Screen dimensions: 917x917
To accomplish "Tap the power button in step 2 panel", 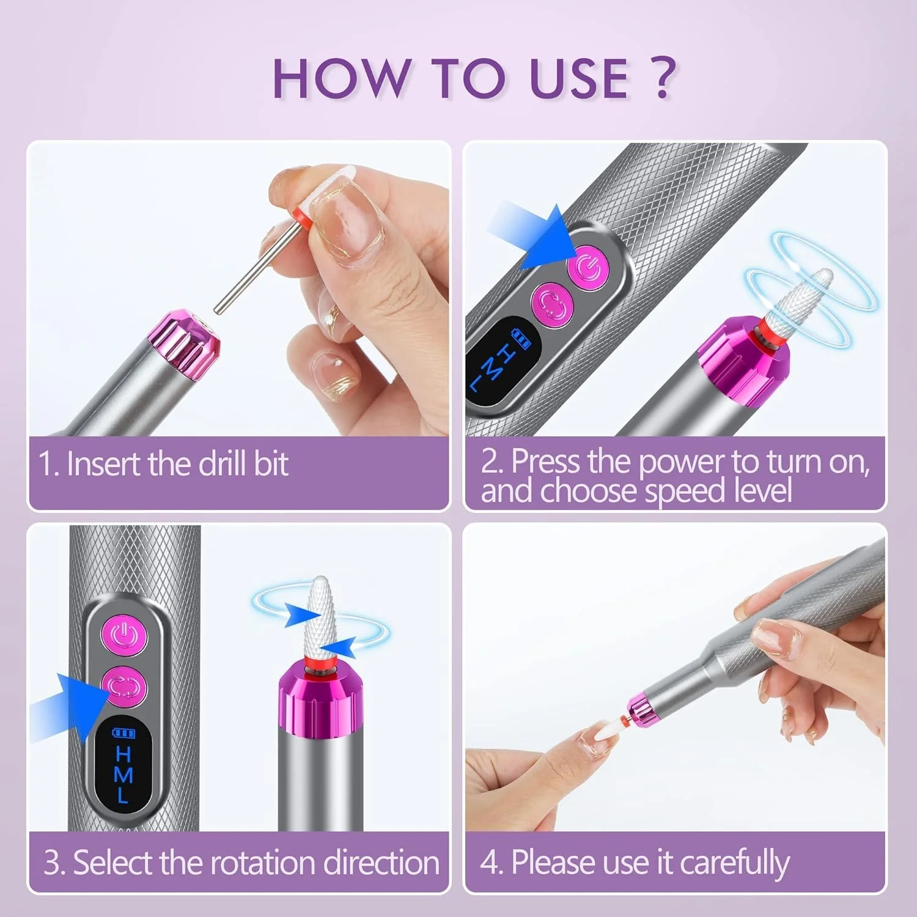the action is point(588,269).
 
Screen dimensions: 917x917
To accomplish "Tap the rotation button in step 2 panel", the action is point(552,303).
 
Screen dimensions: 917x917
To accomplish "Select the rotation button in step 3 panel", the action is point(125,687).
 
